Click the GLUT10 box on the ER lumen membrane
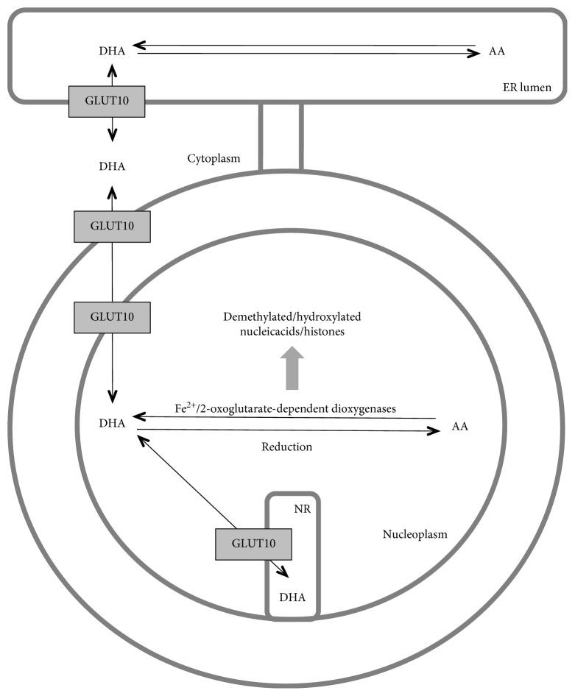tap(107, 101)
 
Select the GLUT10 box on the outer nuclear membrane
tap(113, 226)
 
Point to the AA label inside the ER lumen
tap(496, 52)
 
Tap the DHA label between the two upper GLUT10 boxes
tap(112, 166)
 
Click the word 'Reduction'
tap(287, 447)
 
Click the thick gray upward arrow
tap(292, 368)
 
